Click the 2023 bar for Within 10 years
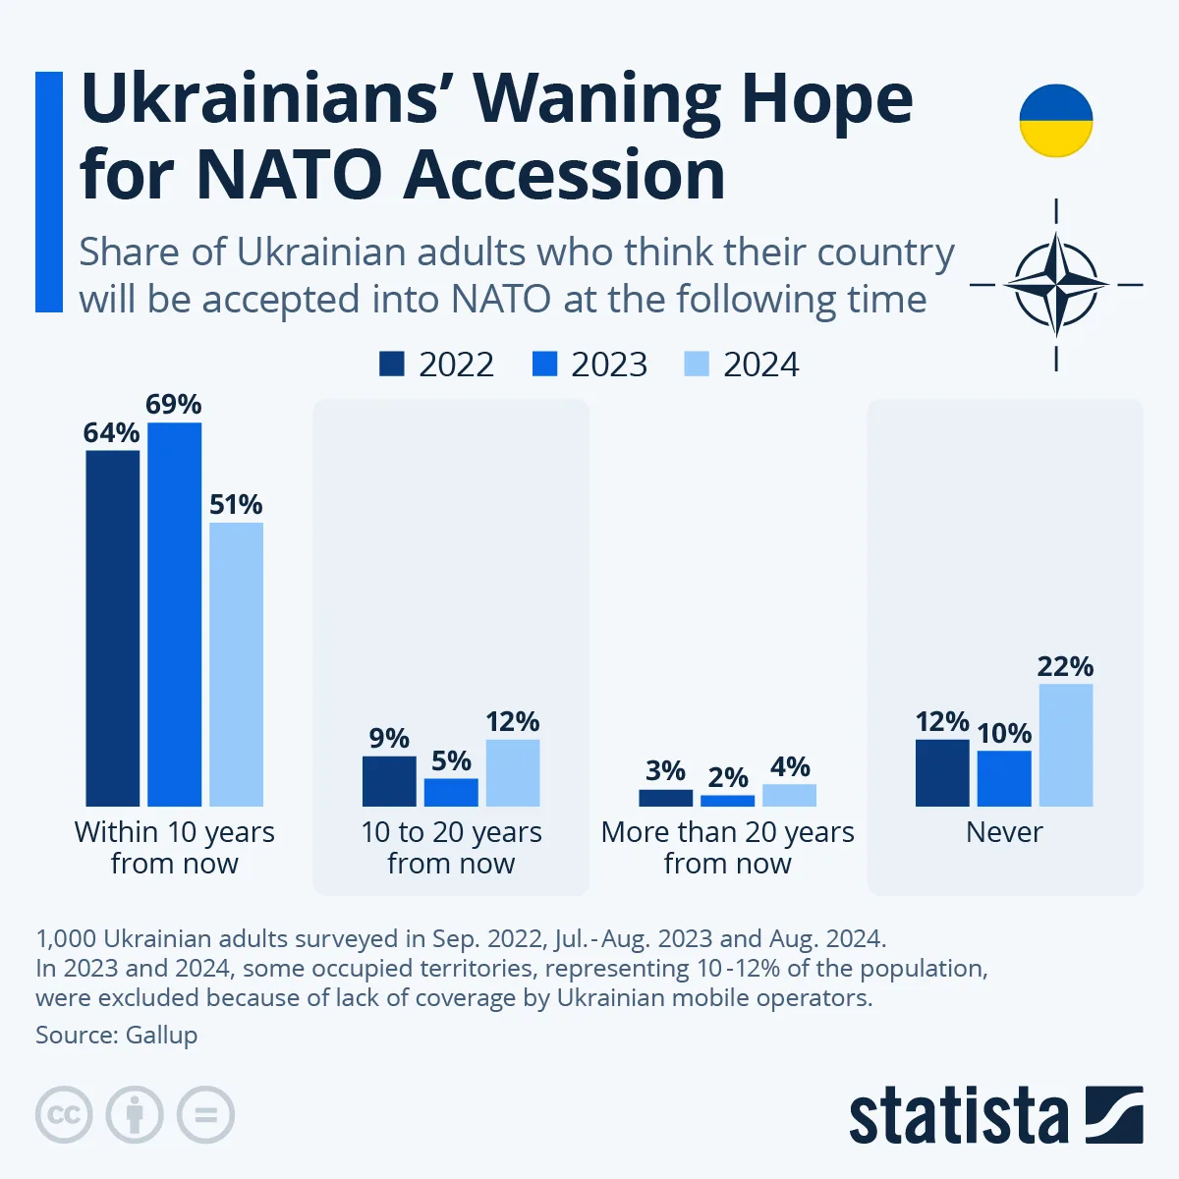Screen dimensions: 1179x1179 [174, 614]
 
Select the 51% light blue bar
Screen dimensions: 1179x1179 [236, 664]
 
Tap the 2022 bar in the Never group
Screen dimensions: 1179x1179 [942, 773]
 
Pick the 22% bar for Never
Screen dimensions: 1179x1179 [1066, 745]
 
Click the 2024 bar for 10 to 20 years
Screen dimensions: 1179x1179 [513, 773]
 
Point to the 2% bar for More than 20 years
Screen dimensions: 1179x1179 [728, 801]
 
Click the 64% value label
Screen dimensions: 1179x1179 [111, 433]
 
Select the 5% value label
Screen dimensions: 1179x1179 [451, 761]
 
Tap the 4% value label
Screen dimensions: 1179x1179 [790, 767]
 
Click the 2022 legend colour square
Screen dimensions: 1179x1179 [391, 365]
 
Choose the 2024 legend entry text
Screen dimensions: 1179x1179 [760, 365]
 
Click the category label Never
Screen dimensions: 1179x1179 [1004, 832]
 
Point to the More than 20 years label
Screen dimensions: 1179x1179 [727, 847]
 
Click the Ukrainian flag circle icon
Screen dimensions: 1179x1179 [1055, 121]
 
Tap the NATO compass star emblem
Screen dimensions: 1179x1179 [1055, 285]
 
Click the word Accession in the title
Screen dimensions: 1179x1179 [564, 175]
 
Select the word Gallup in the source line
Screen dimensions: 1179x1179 [161, 1035]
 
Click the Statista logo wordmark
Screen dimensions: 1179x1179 [958, 1117]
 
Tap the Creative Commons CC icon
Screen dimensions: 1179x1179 [64, 1115]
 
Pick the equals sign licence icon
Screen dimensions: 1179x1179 [205, 1115]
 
